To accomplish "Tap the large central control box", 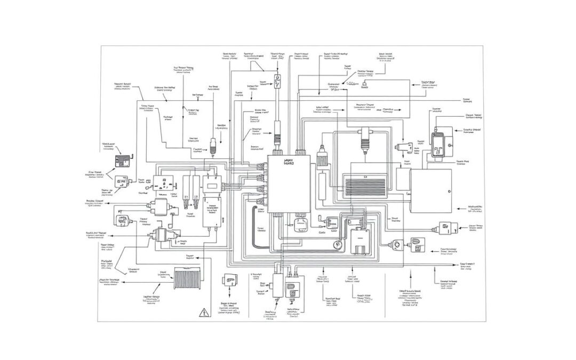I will click(289, 185).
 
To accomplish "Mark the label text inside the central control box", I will click(289, 162).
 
